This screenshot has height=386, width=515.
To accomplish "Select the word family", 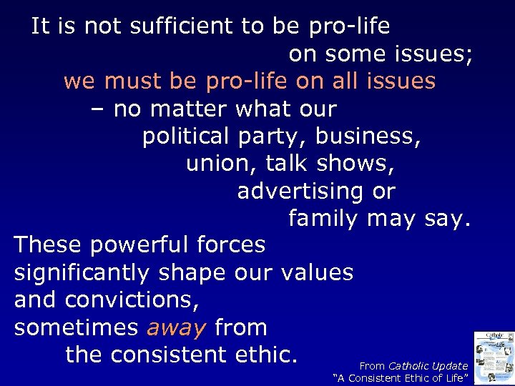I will (x=323, y=219).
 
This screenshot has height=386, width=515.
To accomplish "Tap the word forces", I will (x=230, y=245).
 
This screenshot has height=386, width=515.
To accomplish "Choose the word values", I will (x=318, y=273).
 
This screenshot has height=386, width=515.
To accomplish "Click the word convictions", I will (x=132, y=300).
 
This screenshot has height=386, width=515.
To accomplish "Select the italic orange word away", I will (x=176, y=328).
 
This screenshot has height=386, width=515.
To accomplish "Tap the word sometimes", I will (x=77, y=328).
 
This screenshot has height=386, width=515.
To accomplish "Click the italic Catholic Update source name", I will (x=428, y=366).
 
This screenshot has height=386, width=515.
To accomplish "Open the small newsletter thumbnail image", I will (x=494, y=356).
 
